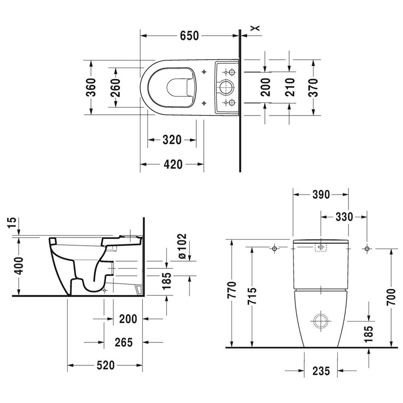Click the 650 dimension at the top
pos(189,36)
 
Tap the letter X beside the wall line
pos(255,28)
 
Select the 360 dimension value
pos(91,87)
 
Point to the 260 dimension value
pos(115,87)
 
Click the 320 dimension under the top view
pos(172,140)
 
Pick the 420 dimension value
pos(172,164)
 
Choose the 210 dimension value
pos(290,87)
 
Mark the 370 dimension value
pos(313,87)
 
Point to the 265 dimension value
pos(123,342)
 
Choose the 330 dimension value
pos(344,217)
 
